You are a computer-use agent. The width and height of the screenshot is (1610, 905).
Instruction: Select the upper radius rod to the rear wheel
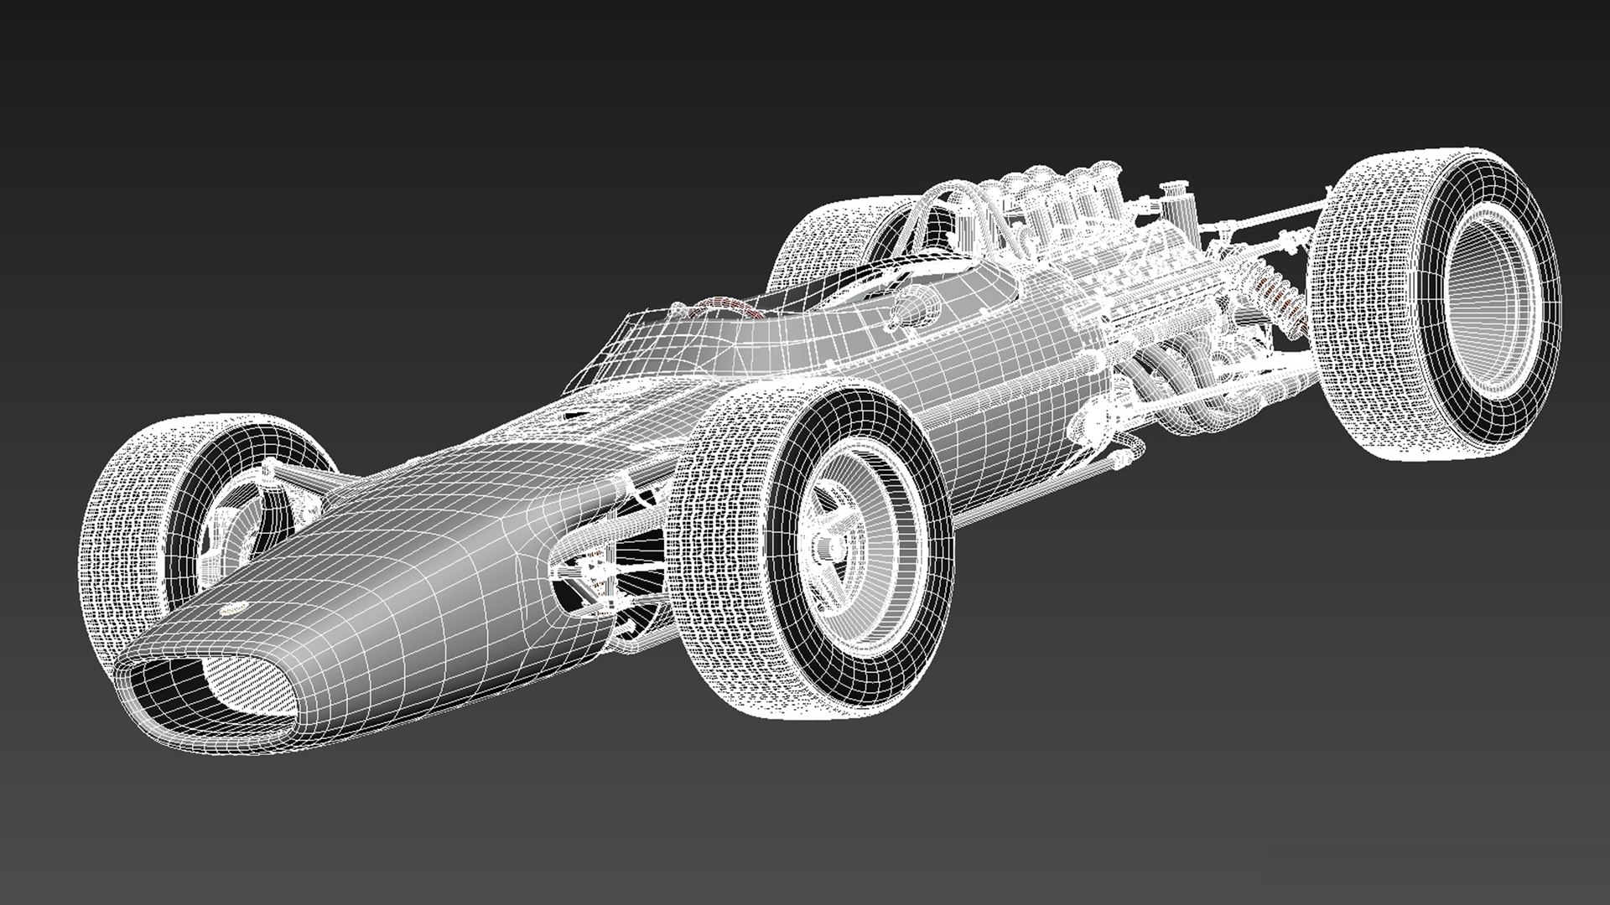tap(1258, 222)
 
